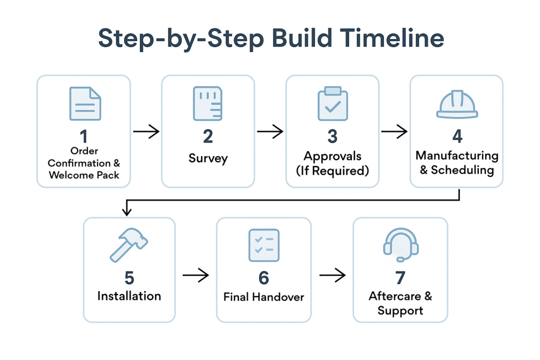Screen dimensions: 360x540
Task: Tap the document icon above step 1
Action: click(x=84, y=103)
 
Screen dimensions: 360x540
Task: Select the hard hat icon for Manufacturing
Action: click(x=457, y=104)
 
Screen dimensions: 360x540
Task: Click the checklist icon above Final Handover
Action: click(x=264, y=245)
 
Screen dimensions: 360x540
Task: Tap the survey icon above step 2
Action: click(x=207, y=103)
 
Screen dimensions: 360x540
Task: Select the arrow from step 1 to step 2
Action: click(x=146, y=131)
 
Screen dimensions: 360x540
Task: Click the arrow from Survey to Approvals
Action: click(x=270, y=131)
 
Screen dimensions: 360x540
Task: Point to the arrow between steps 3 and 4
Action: click(x=394, y=131)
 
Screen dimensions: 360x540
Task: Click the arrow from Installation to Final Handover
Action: click(x=195, y=275)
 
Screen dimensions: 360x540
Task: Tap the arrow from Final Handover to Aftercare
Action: click(x=332, y=275)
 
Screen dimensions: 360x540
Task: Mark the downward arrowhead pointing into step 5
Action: click(x=127, y=211)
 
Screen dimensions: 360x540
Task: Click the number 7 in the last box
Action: click(x=400, y=277)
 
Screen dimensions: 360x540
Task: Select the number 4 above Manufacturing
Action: click(x=457, y=136)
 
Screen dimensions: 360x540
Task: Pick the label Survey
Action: click(x=208, y=158)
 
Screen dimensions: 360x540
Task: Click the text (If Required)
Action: click(x=332, y=170)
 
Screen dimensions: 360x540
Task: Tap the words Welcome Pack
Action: click(x=84, y=175)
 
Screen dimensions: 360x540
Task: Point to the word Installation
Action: click(x=129, y=296)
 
